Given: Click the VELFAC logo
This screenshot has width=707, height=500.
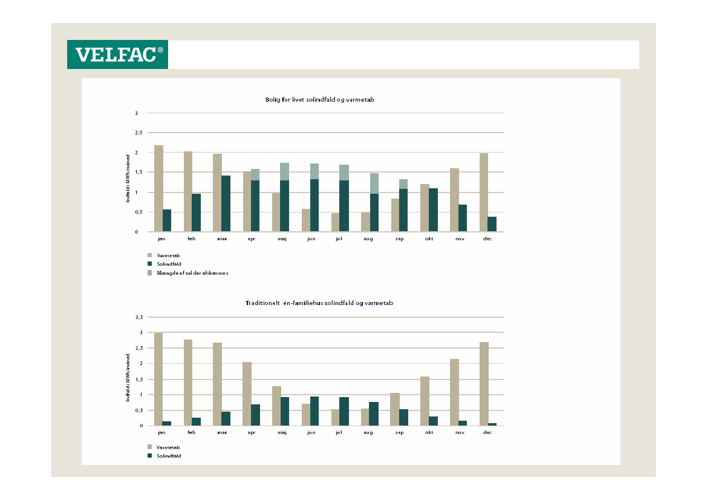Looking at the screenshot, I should pyautogui.click(x=117, y=54).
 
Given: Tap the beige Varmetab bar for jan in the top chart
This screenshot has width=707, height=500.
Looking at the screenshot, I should pyautogui.click(x=158, y=188).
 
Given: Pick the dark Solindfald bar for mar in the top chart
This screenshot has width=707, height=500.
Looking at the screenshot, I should pyautogui.click(x=226, y=203).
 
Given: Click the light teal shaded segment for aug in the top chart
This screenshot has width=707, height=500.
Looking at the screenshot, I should pyautogui.click(x=374, y=183).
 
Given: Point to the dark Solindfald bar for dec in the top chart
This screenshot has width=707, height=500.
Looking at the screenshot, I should pyautogui.click(x=492, y=224).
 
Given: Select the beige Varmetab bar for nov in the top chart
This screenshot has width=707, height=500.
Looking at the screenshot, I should pyautogui.click(x=454, y=200).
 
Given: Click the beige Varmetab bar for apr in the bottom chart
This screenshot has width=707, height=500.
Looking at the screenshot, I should pyautogui.click(x=247, y=393).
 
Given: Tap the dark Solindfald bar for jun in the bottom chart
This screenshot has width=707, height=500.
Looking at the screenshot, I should pyautogui.click(x=314, y=411).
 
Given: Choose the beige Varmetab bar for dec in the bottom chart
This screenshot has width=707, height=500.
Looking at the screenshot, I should pyautogui.click(x=484, y=384).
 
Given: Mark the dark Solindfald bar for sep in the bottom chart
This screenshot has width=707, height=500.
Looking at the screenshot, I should pyautogui.click(x=403, y=417).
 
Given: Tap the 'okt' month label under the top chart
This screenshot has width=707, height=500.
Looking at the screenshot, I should pyautogui.click(x=429, y=239).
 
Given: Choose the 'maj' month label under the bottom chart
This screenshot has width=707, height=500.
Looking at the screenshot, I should pyautogui.click(x=281, y=433).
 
